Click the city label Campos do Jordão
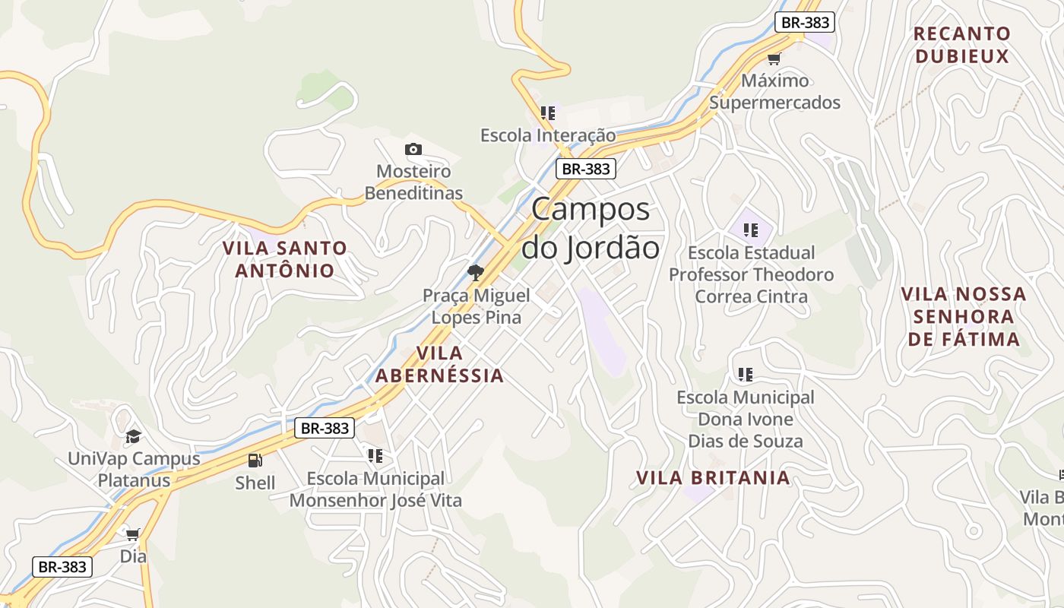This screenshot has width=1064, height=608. pyautogui.click(x=591, y=228)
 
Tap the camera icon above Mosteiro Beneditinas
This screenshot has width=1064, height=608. pyautogui.click(x=413, y=149)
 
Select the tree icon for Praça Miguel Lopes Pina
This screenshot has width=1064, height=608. pyautogui.click(x=476, y=272)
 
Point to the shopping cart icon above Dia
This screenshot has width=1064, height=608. pyautogui.click(x=133, y=534)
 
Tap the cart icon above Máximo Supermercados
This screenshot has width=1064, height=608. pyautogui.click(x=774, y=59)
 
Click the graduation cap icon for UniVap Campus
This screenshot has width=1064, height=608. pyautogui.click(x=134, y=436)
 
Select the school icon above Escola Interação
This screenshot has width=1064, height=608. pyautogui.click(x=548, y=113)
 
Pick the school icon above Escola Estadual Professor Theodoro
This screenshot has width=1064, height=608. pyautogui.click(x=751, y=230)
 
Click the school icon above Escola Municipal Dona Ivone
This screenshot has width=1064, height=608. pyautogui.click(x=746, y=374)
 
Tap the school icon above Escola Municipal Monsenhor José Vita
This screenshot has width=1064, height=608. pyautogui.click(x=375, y=455)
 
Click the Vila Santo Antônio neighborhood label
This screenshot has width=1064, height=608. pyautogui.click(x=285, y=259)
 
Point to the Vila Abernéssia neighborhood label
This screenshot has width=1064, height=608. pyautogui.click(x=439, y=364)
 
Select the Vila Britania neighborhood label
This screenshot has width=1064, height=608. pyautogui.click(x=713, y=478)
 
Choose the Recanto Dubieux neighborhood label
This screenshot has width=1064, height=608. pyautogui.click(x=962, y=45)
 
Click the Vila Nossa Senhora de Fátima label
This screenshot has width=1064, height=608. pyautogui.click(x=964, y=316)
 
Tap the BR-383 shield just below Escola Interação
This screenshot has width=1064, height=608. pyautogui.click(x=585, y=169)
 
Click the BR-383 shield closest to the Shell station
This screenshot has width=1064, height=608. pyautogui.click(x=325, y=428)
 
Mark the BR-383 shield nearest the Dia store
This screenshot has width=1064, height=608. pyautogui.click(x=62, y=566)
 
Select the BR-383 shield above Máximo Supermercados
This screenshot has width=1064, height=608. pyautogui.click(x=805, y=22)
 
